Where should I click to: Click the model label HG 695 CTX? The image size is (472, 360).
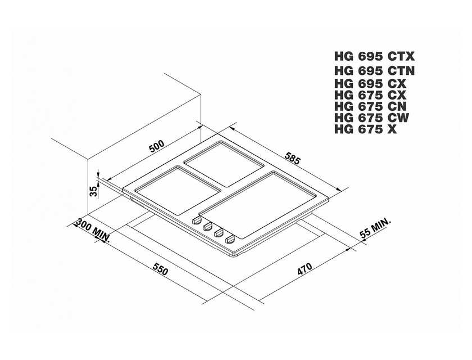coord(374,56)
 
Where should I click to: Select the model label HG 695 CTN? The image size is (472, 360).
coord(374,70)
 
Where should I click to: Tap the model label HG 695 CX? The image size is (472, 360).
coord(370,83)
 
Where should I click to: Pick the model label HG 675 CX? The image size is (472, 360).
coord(370,95)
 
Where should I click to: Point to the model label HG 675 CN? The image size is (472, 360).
coord(370,106)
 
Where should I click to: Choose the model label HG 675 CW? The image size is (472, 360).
coord(372,118)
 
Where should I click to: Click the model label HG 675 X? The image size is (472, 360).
coord(365,129)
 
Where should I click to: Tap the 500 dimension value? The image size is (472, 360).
coord(157,146)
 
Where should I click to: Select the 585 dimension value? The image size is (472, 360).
coord(292,159)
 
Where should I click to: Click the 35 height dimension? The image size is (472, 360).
coord(94,191)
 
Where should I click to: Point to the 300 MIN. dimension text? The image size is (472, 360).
coord(93,231)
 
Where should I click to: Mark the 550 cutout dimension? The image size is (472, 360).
coord(160,269)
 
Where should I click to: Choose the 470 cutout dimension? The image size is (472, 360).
coord(305,269)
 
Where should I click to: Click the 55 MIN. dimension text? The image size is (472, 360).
coord(375,228)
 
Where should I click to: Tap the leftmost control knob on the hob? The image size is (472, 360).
coord(197,220)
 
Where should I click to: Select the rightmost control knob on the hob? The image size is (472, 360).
coord(230,240)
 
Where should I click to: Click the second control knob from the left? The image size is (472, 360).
coord(208,227)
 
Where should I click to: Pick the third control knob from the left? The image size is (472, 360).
coord(219,233)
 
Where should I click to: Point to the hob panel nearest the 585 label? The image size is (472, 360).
coord(224,163)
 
